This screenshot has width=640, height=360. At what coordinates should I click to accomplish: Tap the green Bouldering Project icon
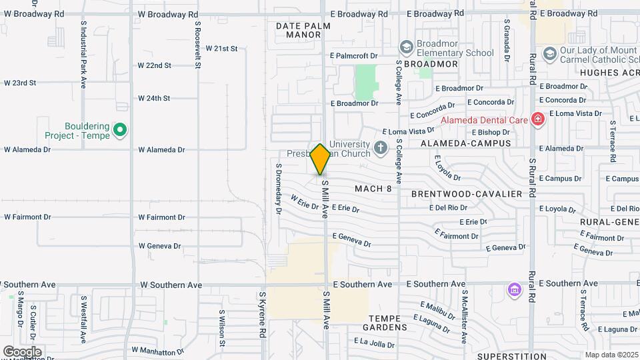120,130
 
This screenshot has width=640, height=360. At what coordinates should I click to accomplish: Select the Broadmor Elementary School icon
406,47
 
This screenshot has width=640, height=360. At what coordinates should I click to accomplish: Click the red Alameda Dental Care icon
538,119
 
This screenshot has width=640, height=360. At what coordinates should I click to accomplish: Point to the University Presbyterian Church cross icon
381,147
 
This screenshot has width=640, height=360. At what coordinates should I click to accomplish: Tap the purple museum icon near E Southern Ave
513,290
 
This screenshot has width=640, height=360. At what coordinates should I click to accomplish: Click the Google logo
22,351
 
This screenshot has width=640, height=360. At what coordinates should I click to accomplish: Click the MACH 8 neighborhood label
373,189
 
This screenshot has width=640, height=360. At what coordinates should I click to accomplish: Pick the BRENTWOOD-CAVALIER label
466,193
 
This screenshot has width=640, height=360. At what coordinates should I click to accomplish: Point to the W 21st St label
221,49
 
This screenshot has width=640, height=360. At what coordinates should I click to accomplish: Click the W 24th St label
154,98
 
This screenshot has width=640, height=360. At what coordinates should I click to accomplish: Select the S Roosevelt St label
198,44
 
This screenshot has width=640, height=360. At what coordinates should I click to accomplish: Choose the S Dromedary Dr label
279,189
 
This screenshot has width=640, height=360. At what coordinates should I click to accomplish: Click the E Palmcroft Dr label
354,55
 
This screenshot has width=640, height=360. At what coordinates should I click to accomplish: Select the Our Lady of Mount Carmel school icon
549,53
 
